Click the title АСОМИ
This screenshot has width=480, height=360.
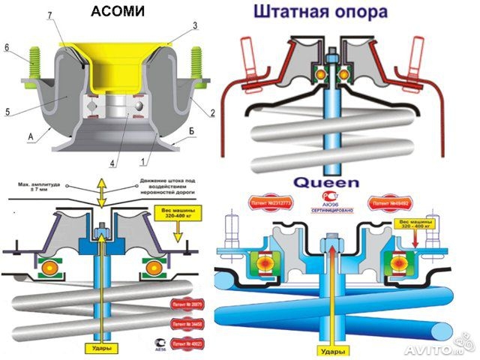coord(119,12)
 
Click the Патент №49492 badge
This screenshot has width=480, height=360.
coord(388,202)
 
